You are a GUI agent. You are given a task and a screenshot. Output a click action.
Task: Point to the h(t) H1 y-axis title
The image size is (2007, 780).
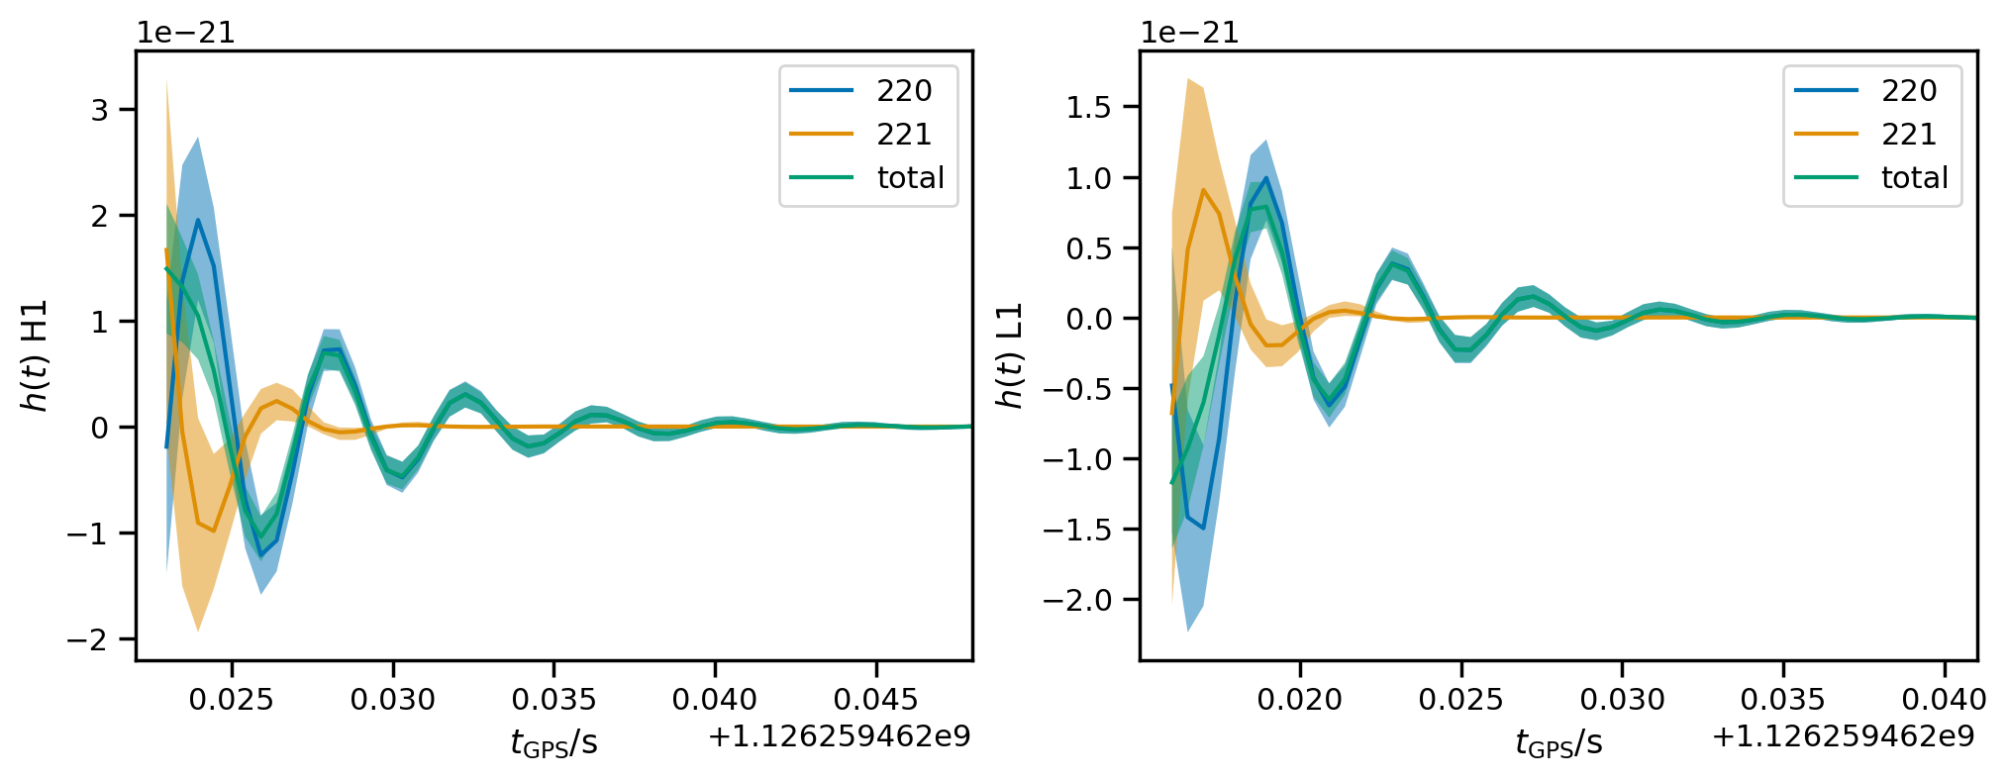(x=35, y=355)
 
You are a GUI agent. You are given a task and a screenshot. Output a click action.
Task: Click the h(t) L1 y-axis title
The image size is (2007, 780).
(x=1009, y=355)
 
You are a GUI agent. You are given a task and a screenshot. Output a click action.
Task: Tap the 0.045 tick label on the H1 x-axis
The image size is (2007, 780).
(x=876, y=700)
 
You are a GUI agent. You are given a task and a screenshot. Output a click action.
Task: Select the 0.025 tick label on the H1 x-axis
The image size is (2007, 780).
(x=232, y=700)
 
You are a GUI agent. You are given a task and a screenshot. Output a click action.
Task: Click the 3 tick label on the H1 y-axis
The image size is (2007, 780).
(x=99, y=109)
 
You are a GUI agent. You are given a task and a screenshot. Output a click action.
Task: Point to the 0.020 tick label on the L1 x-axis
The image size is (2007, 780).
(x=1300, y=700)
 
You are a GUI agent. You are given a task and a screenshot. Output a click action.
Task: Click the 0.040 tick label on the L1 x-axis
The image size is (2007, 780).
(x=1945, y=700)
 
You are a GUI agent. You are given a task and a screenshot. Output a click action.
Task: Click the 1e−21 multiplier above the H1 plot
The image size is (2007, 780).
(x=186, y=33)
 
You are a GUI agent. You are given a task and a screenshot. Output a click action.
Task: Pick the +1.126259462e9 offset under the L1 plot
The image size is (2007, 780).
(x=1844, y=736)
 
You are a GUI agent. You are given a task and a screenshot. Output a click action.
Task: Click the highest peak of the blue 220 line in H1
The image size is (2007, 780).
(x=198, y=220)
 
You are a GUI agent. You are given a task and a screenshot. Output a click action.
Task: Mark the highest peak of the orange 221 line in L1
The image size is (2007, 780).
(x=1203, y=190)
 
